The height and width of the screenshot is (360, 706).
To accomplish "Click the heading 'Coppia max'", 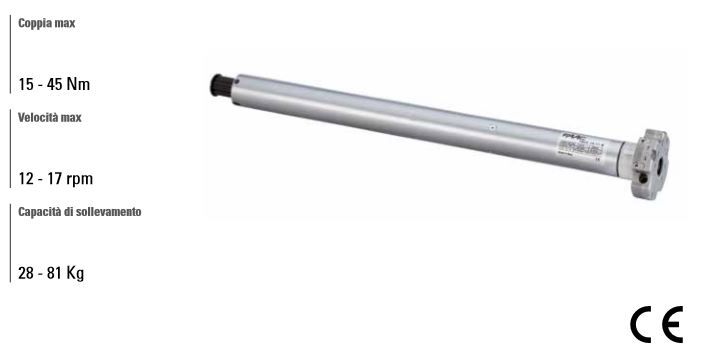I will point(47,22).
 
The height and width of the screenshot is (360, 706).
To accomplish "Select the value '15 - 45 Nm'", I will point(54,84).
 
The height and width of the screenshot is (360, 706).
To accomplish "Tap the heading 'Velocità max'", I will point(50,117).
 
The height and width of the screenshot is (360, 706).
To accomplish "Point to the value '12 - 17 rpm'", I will point(56,179).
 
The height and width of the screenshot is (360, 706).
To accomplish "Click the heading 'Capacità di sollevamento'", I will point(79,212).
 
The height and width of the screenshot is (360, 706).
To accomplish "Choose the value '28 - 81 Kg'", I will point(51,273).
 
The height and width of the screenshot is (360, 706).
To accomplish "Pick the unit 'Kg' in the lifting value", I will point(75,273).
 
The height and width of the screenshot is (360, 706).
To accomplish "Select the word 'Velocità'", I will point(38,117).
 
